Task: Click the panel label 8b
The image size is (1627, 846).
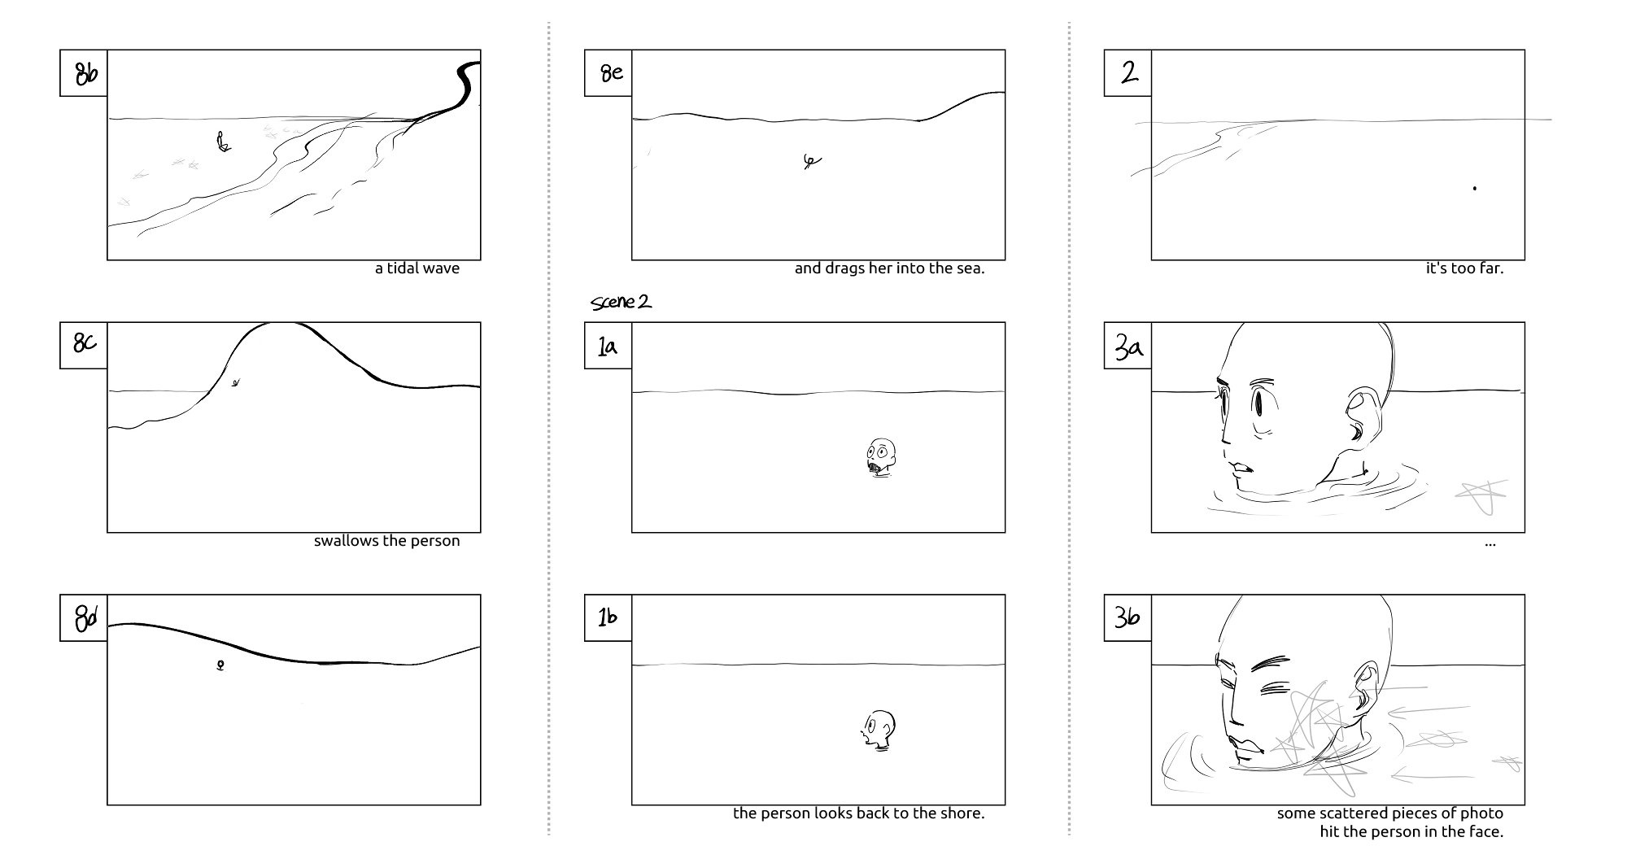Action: (x=84, y=73)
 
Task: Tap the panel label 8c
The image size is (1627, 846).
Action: (x=84, y=345)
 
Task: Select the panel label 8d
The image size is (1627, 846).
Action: (x=84, y=617)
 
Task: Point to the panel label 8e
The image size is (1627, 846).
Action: (x=609, y=73)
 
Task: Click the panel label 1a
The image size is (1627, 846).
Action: (x=608, y=347)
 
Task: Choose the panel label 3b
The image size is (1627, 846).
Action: (x=1128, y=617)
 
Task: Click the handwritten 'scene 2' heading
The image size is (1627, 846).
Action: (x=622, y=303)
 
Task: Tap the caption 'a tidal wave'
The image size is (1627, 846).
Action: (x=417, y=268)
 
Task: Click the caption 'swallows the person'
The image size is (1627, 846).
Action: (x=386, y=541)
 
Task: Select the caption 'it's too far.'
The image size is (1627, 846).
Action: (x=1464, y=268)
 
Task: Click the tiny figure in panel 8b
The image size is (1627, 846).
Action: (x=222, y=143)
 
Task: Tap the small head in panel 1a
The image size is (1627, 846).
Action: (x=881, y=457)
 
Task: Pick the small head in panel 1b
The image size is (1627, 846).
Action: (x=879, y=729)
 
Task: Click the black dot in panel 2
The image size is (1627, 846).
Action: (x=1475, y=189)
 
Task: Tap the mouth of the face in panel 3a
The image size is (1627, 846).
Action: (x=1242, y=469)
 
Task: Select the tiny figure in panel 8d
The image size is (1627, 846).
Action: (x=220, y=665)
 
